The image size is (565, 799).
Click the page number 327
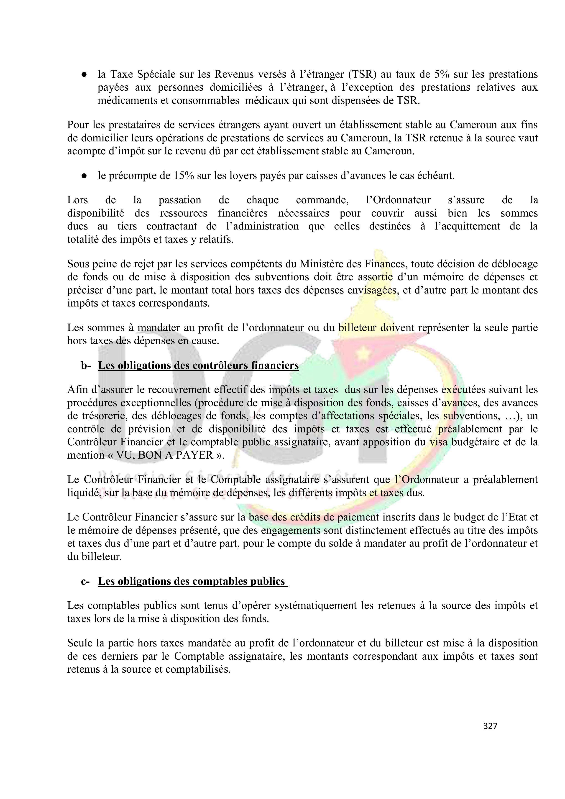(490, 726)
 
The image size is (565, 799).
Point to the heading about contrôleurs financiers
(198, 366)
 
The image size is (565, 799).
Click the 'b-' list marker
(86, 366)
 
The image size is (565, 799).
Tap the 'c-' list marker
(85, 582)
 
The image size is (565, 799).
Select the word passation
(180, 200)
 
